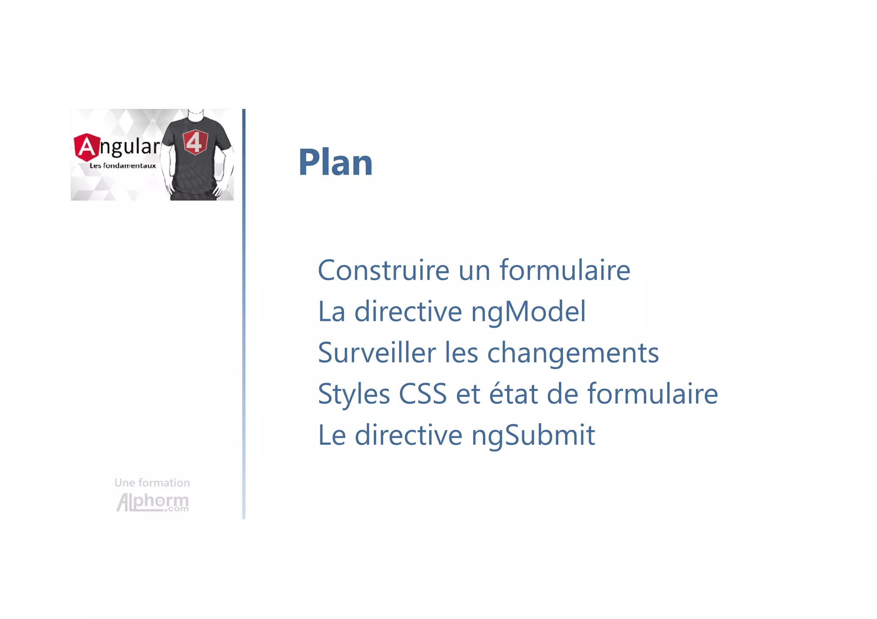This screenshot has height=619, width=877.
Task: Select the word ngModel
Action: pos(528,312)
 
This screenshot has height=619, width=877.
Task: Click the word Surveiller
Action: pos(377,353)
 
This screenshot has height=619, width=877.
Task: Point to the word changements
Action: pos(573,354)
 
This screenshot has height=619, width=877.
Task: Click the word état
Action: pos(513,394)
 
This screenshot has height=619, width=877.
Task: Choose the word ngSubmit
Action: pos(533,435)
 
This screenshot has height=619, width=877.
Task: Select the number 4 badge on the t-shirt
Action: pos(195,142)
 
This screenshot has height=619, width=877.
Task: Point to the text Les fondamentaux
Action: pos(122,166)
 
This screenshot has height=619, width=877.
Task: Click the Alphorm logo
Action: pos(152,502)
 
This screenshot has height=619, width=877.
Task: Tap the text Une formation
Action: pos(152,483)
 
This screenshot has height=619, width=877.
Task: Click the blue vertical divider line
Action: pos(244,314)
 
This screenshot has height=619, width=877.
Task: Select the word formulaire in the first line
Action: pos(565,270)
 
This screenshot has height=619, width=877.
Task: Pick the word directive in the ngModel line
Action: pos(408,311)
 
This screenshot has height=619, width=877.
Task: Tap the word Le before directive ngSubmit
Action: pos(332,435)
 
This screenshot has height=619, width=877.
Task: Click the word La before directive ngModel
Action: pos(331,311)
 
